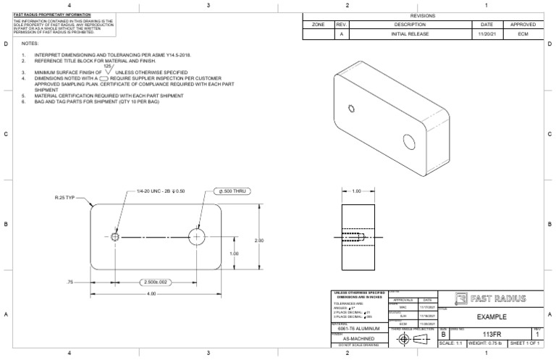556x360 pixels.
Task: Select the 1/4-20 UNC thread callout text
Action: [x=161, y=191]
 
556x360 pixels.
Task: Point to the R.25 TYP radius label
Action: [x=66, y=197]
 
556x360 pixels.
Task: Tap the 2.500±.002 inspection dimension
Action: [x=156, y=282]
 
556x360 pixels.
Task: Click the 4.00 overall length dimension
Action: [x=151, y=293]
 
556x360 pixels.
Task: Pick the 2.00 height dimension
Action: [x=259, y=240]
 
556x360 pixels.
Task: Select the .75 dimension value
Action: [x=70, y=282]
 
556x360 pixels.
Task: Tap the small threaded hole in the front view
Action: [x=116, y=236]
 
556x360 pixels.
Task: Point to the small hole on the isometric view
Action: [x=351, y=109]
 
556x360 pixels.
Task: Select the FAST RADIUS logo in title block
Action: [x=489, y=299]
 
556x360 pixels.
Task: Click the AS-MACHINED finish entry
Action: [x=358, y=339]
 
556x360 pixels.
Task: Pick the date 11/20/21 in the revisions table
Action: [x=486, y=34]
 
